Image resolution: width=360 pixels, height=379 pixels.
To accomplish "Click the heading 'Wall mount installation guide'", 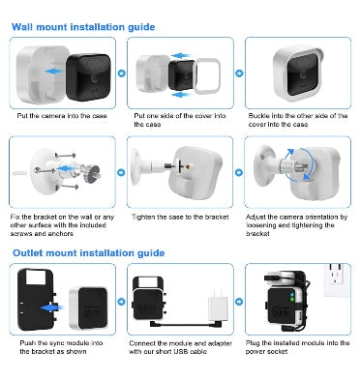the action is coord(83,27).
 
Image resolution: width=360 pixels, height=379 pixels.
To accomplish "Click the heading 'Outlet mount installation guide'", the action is coord(89,253).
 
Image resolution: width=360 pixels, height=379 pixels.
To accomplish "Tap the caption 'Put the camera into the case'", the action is coord(62,116).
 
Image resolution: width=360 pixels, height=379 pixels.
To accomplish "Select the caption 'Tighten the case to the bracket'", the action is coord(180,217).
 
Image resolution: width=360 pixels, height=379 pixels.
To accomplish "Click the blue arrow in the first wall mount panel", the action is coord(54,72).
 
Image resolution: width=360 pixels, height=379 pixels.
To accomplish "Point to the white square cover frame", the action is coord(207,76).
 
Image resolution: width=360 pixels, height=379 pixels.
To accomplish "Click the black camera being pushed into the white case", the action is coord(89,76).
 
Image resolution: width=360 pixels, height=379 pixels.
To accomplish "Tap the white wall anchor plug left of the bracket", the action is coord(19,173).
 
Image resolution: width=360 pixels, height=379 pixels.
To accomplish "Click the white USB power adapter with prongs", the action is coord(218,305).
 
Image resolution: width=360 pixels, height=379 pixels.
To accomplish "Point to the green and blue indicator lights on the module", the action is coord(292,297).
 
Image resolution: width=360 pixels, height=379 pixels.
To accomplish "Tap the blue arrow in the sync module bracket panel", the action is coord(50,308).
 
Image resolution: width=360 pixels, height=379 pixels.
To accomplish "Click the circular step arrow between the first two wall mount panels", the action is coord(121,73).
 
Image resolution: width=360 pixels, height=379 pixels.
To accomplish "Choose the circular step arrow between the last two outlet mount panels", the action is coord(239,302).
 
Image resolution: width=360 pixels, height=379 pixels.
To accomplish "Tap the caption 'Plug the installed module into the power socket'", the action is coord(297,347).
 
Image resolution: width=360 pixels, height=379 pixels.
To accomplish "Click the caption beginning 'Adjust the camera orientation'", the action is coord(297,225).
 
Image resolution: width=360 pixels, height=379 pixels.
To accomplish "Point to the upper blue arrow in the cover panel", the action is coord(181,56).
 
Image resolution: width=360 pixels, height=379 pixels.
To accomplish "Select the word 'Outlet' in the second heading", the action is coord(28,253).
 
